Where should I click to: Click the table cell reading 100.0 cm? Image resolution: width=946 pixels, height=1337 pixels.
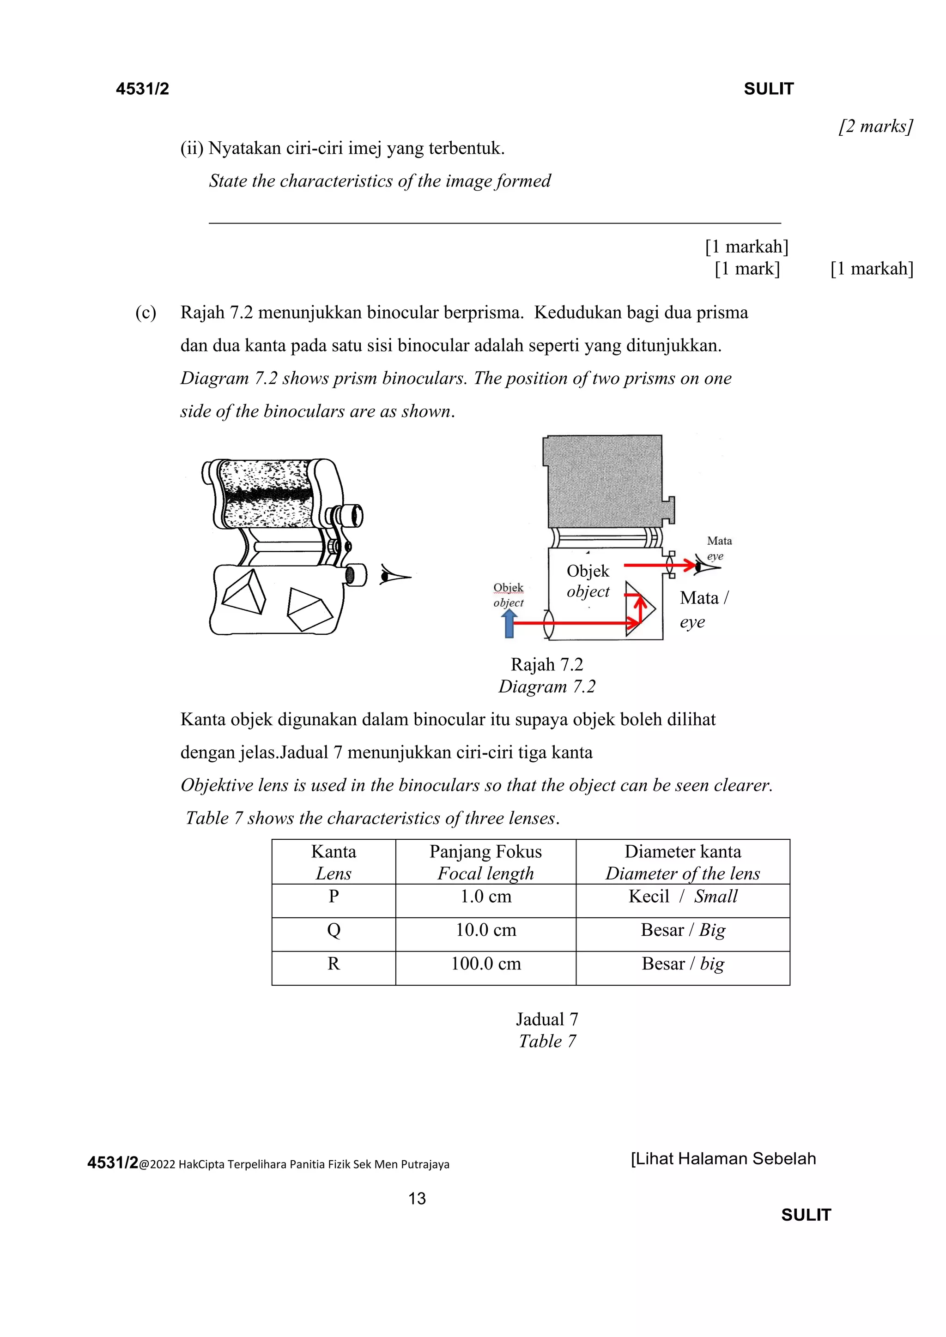click(486, 964)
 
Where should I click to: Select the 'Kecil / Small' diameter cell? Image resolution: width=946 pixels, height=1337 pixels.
click(683, 897)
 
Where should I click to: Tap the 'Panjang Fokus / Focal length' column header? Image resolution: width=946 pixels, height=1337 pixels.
click(486, 862)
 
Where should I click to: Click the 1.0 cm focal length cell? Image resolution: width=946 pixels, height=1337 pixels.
click(486, 897)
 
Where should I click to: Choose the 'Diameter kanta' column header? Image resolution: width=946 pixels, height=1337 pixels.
click(683, 862)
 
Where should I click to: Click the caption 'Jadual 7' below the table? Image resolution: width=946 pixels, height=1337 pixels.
click(546, 1019)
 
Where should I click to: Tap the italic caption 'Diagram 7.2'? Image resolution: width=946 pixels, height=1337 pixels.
click(546, 687)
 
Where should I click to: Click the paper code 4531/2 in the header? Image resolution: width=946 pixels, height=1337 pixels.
click(142, 89)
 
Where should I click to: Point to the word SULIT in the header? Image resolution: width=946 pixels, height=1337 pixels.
click(768, 89)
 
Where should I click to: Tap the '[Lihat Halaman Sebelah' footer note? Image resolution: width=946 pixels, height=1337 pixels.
click(723, 1159)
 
